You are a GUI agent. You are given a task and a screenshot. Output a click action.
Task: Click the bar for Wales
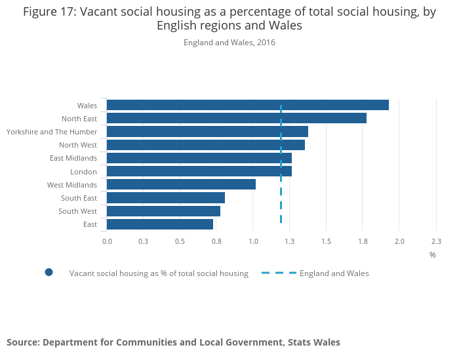coord(247,105)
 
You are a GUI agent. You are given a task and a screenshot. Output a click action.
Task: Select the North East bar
coord(236,118)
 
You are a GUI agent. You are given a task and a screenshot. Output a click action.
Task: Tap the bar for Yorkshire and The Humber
coord(207,132)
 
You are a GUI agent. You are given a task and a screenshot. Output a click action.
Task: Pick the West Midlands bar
coord(181,185)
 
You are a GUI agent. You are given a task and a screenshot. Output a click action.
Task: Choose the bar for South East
coord(166,198)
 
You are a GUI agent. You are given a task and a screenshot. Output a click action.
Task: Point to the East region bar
coord(160,224)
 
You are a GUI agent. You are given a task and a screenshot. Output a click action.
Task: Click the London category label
coord(83,172)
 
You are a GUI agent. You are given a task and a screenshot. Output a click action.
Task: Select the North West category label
coord(77,145)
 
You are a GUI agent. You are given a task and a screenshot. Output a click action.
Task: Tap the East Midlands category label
coord(73,158)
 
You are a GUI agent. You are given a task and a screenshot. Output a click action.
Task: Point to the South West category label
coord(77,211)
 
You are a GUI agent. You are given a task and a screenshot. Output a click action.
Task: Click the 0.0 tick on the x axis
coord(107,241)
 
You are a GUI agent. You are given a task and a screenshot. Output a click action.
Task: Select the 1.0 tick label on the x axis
coord(253,241)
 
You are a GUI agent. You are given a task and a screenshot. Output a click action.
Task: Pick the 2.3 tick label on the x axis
coord(436,241)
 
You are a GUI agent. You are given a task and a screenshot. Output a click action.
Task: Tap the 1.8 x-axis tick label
coord(363,241)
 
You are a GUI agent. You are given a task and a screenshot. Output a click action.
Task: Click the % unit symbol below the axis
coord(433,254)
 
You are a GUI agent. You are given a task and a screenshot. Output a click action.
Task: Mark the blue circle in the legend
coord(49,273)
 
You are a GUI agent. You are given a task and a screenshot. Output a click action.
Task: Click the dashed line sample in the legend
coord(279,273)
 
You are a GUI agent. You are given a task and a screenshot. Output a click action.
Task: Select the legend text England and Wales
coord(334,273)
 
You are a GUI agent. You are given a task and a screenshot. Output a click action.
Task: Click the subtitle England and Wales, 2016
coord(229,43)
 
